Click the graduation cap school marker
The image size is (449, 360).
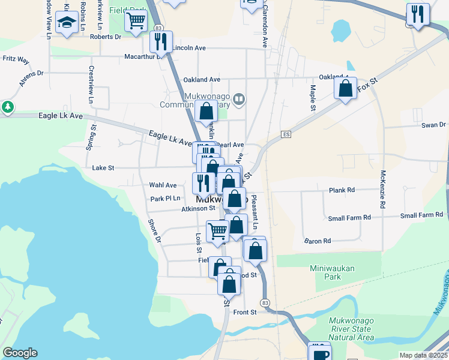(x=66, y=24)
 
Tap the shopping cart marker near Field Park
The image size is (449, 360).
(x=136, y=20)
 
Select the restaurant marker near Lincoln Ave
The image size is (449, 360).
(x=160, y=42)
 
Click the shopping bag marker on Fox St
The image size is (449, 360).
(x=346, y=89)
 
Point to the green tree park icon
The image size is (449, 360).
(x=7, y=107)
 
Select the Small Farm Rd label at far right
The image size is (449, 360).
(x=421, y=215)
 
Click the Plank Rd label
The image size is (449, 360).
(x=342, y=190)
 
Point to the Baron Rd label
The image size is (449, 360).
(x=318, y=241)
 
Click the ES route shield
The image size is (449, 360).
(x=286, y=134)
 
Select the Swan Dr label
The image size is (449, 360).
(x=433, y=125)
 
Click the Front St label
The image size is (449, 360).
(x=245, y=312)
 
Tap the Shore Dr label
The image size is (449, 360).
(x=154, y=230)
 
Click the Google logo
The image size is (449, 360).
(x=20, y=353)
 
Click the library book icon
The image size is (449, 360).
(x=240, y=99)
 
